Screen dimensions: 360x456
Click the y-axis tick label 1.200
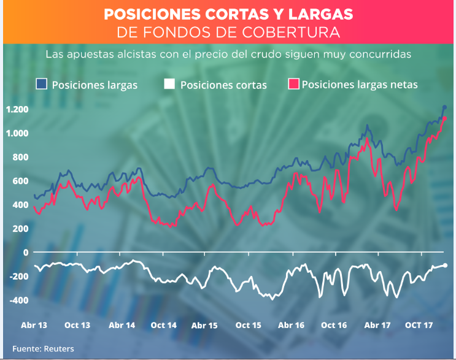(x=17, y=109)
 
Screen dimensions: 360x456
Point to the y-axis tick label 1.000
(x=17, y=133)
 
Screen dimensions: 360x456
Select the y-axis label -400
(x=18, y=301)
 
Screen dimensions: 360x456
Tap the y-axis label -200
(x=18, y=277)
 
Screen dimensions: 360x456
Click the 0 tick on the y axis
(x=26, y=253)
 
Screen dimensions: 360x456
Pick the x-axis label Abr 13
(x=34, y=325)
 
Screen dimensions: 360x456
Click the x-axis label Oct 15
(x=249, y=325)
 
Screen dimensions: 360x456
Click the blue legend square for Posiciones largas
(x=42, y=84)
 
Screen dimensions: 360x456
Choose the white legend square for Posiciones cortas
(x=170, y=84)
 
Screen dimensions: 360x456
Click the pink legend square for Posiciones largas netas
(x=293, y=84)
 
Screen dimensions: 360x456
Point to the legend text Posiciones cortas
(x=223, y=85)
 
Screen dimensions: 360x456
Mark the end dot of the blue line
(x=444, y=108)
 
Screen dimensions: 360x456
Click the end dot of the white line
(x=445, y=265)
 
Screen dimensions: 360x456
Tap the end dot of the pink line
(x=444, y=118)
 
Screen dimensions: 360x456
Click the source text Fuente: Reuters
(x=43, y=349)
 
